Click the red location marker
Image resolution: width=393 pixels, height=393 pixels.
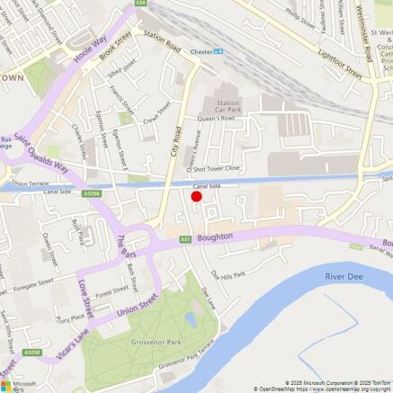pyautogui.click(x=196, y=196)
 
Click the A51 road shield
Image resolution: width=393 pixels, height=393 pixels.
pyautogui.click(x=184, y=240)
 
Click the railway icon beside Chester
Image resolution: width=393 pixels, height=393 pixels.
pyautogui.click(x=219, y=51)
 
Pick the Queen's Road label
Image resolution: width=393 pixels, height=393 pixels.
pyautogui.click(x=216, y=118)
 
